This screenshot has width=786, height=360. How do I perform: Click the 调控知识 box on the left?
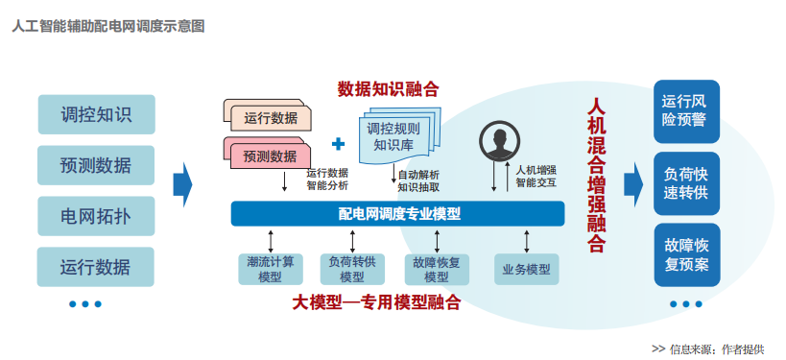[96, 114]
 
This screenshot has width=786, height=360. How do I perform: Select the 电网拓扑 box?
[96, 215]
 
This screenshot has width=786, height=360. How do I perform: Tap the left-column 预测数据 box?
[96, 164]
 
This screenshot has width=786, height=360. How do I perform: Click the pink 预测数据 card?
[270, 155]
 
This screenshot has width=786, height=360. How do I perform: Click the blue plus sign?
[338, 144]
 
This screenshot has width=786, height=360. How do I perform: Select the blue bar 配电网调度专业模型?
[399, 213]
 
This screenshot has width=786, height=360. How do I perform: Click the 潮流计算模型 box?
[270, 269]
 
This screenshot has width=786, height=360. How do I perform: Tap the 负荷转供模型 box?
[351, 269]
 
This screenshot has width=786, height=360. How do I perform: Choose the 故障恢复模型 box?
[437, 269]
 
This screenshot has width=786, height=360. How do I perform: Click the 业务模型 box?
[526, 269]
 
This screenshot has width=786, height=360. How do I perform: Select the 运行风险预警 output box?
[686, 109]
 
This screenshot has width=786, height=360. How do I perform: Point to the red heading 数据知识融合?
[388, 89]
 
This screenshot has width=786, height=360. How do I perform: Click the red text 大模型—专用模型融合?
[375, 302]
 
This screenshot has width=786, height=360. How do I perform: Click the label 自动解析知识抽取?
[418, 180]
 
